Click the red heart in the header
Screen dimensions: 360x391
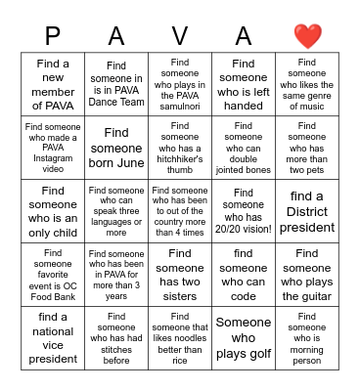click(307, 36)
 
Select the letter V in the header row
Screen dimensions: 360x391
click(180, 36)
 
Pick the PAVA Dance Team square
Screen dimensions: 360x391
click(116, 85)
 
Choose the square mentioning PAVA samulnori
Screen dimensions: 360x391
click(180, 85)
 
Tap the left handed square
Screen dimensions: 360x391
click(244, 85)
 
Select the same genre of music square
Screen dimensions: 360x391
click(307, 85)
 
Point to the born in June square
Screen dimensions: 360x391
click(116, 149)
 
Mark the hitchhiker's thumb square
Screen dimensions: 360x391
click(180, 149)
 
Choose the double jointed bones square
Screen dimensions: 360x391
click(244, 149)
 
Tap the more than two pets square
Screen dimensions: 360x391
click(307, 149)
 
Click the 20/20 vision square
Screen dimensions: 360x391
click(244, 212)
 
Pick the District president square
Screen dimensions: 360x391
click(307, 212)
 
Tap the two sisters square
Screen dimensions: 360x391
click(180, 276)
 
